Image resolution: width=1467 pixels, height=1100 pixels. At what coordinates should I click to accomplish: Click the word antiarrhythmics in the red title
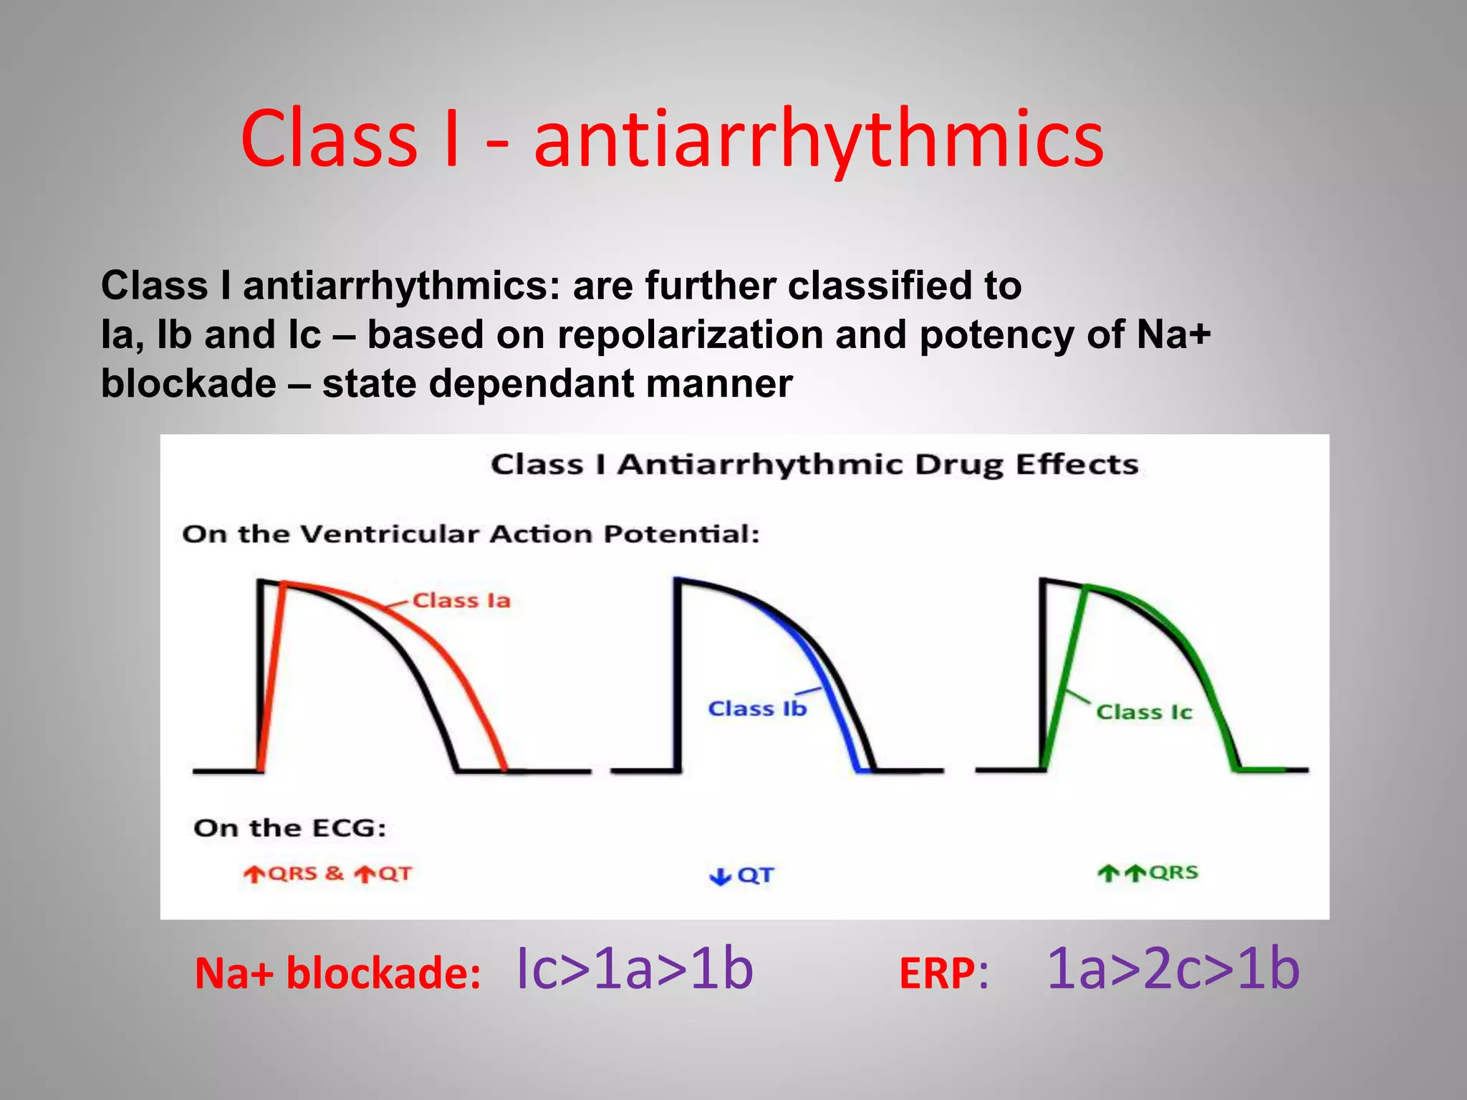click(x=818, y=139)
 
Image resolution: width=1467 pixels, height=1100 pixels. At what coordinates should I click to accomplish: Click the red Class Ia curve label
click(x=461, y=600)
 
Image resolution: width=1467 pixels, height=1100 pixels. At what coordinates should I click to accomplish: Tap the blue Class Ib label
click(x=757, y=708)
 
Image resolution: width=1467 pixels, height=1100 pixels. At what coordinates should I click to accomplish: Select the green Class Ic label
click(x=1144, y=712)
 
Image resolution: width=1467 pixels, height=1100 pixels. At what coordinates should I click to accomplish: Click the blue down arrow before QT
click(x=719, y=876)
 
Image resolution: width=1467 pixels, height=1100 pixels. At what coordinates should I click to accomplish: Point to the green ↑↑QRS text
click(x=1148, y=873)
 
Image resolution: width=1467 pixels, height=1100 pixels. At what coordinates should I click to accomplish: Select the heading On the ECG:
click(x=289, y=828)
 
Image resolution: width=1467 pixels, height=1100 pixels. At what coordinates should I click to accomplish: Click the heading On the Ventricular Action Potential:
click(x=471, y=534)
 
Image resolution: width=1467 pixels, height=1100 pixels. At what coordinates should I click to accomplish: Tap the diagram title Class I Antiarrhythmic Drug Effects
click(x=814, y=464)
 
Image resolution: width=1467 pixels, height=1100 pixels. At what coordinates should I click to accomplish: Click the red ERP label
click(x=937, y=974)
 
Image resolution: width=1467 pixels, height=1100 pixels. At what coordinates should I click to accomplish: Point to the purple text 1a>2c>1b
click(x=1173, y=969)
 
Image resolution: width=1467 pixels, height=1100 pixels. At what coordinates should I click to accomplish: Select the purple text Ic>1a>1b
click(x=634, y=969)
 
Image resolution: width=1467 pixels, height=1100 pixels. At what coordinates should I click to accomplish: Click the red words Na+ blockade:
click(x=337, y=974)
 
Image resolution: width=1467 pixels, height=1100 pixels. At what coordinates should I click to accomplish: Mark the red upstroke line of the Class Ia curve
click(x=271, y=677)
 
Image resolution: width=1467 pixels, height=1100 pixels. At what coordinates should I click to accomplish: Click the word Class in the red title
click(x=329, y=139)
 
